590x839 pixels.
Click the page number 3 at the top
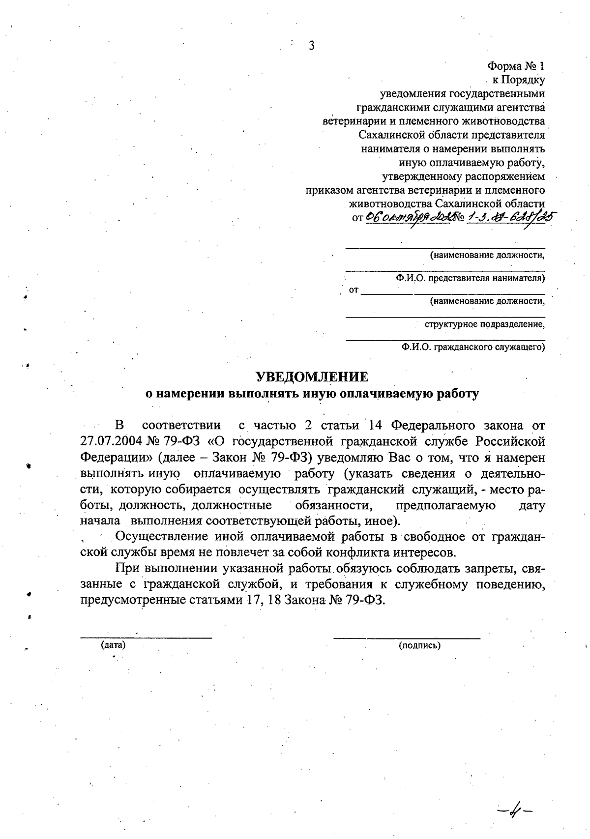(311, 46)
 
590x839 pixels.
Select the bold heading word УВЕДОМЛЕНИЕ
(312, 377)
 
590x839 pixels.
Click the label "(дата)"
(113, 645)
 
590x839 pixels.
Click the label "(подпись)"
(419, 645)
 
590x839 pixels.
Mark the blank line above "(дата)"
(146, 637)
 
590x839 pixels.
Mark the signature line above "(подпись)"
(407, 638)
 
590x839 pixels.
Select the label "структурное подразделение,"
(485, 324)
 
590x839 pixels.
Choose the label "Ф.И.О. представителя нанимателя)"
(471, 278)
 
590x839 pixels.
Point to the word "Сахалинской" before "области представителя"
(389, 135)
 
